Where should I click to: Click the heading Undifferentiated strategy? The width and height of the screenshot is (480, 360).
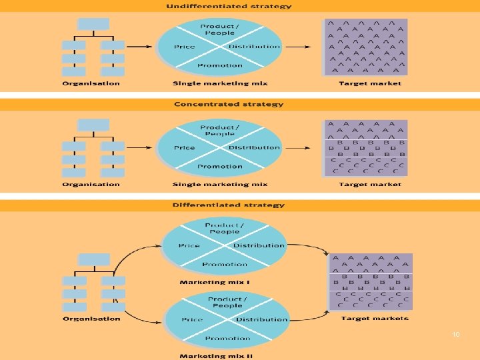point(229,6)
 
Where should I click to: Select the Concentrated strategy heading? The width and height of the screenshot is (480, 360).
point(229,104)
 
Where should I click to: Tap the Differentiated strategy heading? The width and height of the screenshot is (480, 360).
point(229,205)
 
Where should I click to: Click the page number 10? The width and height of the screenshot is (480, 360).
point(456,334)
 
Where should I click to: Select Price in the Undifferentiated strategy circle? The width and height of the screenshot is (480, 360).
point(184,47)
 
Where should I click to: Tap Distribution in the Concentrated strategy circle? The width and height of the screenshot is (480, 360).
point(254,147)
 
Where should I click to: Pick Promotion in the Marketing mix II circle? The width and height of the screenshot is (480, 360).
point(227,338)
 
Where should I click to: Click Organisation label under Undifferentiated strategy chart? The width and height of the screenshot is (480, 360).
point(91,83)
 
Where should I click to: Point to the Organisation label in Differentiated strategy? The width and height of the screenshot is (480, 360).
point(91,319)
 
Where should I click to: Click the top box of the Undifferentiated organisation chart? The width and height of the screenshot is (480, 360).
point(93,24)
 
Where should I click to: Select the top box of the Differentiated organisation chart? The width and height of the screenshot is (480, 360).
point(93,259)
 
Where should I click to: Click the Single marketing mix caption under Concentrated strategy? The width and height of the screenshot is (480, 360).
point(220,185)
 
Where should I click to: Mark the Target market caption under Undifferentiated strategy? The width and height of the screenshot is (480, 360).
point(370,83)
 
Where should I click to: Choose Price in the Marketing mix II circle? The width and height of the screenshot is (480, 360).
point(193,320)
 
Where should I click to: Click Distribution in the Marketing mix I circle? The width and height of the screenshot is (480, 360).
point(259,245)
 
